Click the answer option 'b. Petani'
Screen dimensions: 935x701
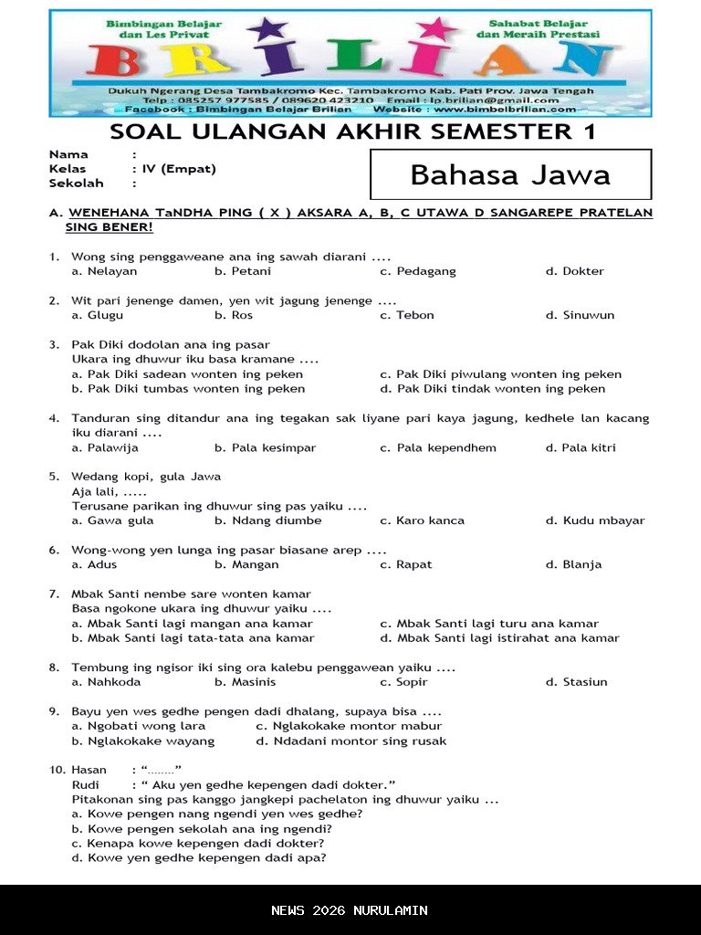pyautogui.click(x=242, y=271)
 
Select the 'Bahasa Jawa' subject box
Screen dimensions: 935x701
pyautogui.click(x=510, y=174)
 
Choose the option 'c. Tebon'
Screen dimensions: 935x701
pyautogui.click(x=407, y=315)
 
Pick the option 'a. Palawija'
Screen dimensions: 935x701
pyautogui.click(x=105, y=447)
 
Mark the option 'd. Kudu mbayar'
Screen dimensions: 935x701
pyautogui.click(x=595, y=520)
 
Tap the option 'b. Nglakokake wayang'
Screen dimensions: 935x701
pyautogui.click(x=143, y=741)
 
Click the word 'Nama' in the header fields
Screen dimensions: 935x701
pyautogui.click(x=68, y=154)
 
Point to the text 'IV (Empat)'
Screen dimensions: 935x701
pyautogui.click(x=178, y=169)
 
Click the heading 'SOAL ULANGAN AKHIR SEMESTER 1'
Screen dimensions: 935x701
pyautogui.click(x=352, y=131)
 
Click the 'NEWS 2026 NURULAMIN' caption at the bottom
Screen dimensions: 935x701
pyautogui.click(x=350, y=910)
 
